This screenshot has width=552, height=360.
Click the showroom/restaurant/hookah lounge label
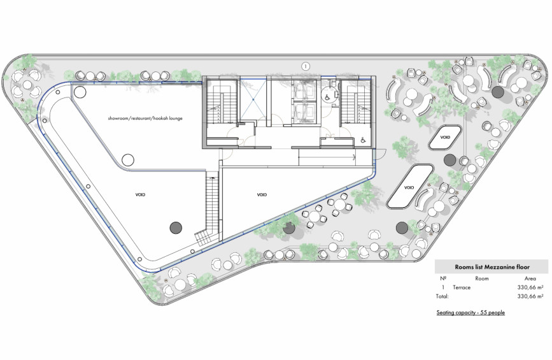[x=145, y=119]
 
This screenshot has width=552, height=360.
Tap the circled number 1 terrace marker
[x=306, y=66]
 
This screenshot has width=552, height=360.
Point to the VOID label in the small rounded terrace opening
[x=445, y=138]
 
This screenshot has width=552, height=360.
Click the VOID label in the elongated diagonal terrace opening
[x=409, y=187]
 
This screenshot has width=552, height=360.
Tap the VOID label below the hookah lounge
[x=140, y=194]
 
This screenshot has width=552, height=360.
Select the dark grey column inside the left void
[x=176, y=227]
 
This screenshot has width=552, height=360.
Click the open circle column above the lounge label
[x=80, y=92]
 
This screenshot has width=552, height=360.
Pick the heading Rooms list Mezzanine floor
[x=492, y=267]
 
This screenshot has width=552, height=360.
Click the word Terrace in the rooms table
[x=462, y=287]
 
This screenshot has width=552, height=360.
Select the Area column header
[x=530, y=278]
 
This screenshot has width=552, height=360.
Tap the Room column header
[x=481, y=278]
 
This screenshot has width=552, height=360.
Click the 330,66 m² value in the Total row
[x=530, y=296]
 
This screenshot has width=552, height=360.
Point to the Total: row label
[x=442, y=296]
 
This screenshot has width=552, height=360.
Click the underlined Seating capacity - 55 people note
[x=471, y=312]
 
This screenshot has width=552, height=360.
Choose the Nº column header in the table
[x=443, y=278]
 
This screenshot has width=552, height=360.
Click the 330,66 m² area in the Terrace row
[x=530, y=287]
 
